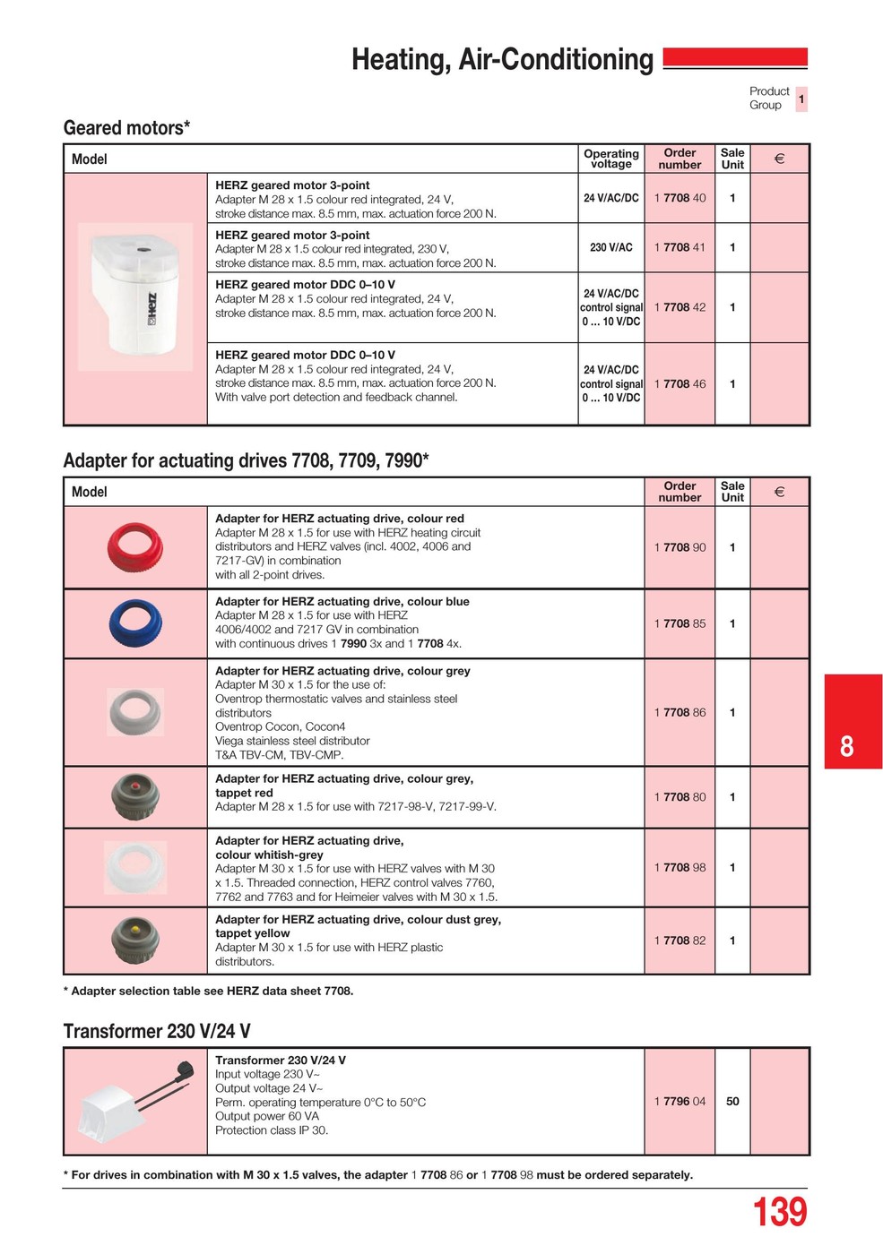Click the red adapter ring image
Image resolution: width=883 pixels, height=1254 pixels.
(134, 546)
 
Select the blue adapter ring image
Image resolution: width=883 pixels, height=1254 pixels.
(134, 623)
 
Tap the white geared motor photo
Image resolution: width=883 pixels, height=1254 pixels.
(135, 297)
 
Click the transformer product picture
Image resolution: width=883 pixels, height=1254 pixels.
(134, 1101)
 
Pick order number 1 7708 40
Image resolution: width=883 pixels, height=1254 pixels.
(680, 198)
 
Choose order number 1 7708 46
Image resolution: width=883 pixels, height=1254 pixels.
(680, 384)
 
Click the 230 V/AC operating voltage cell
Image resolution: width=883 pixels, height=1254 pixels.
(611, 247)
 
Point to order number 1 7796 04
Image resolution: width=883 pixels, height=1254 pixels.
(680, 1102)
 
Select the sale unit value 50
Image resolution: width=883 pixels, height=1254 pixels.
(732, 1102)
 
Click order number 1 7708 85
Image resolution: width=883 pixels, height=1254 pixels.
(680, 623)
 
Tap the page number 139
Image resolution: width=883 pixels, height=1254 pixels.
(779, 1213)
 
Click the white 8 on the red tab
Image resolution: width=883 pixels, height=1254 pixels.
(846, 746)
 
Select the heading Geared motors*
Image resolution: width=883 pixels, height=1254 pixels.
(126, 128)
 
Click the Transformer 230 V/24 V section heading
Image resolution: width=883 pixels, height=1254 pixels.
(157, 1031)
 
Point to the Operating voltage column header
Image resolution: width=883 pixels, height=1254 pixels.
(611, 159)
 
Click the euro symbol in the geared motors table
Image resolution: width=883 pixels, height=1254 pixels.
(779, 159)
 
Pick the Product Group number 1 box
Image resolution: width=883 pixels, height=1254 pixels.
(801, 99)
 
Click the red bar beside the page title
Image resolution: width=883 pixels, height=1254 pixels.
(735, 58)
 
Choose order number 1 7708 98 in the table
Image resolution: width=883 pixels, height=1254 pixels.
(680, 868)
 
